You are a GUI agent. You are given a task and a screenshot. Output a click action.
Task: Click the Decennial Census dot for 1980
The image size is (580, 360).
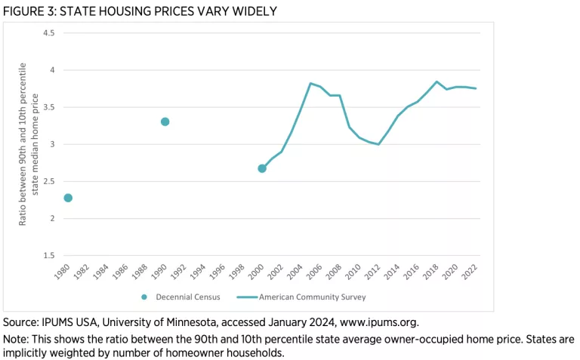coord(68,198)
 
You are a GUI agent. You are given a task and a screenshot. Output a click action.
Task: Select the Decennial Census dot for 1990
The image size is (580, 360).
coord(165,122)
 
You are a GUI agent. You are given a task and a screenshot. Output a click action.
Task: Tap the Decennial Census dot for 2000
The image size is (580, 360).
coord(262,168)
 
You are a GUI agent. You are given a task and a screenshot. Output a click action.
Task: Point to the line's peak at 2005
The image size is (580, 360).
coord(310,83)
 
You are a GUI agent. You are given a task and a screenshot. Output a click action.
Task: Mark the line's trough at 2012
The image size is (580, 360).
coord(378,144)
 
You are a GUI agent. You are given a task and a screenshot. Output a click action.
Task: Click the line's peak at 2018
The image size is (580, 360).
coord(437,82)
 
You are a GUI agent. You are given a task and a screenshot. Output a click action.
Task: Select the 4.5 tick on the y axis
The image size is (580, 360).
coord(49,33)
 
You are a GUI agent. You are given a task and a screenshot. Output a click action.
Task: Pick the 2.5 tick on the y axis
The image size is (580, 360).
coord(49,182)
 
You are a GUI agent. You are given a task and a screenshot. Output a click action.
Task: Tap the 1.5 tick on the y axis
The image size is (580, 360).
coord(49,256)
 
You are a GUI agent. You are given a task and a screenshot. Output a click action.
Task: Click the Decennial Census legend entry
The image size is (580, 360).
coord(182,297)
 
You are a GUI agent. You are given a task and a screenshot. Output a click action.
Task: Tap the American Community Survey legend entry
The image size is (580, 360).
coord(305,297)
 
